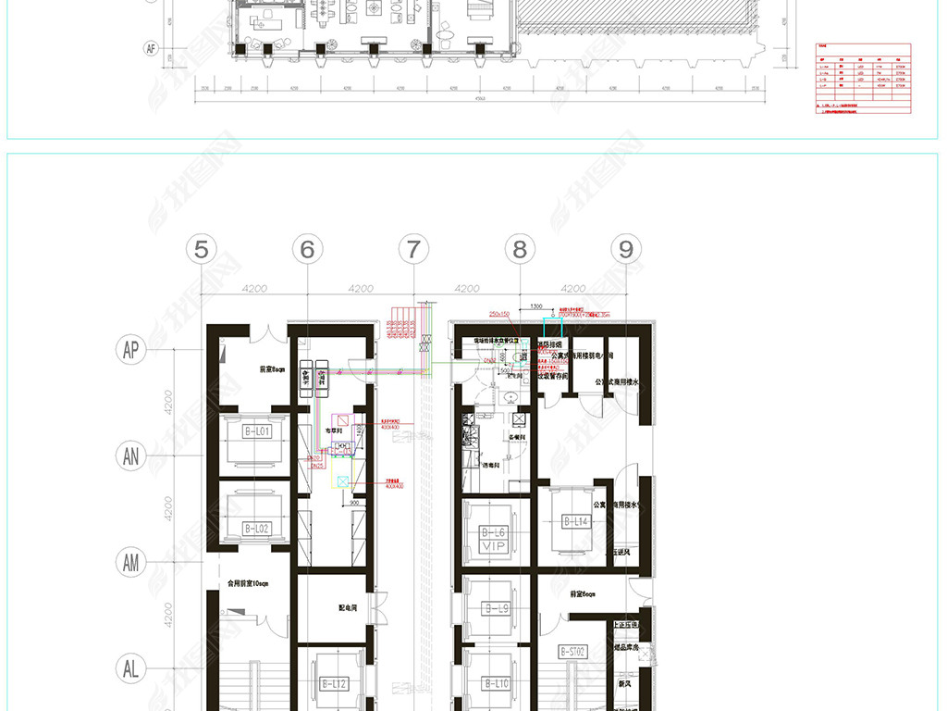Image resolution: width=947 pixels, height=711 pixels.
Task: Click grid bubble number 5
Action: [202, 249]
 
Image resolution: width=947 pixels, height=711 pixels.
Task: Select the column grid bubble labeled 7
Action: [414, 249]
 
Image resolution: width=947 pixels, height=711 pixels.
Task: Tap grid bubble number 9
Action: [627, 249]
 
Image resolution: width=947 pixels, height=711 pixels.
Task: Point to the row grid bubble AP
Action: [131, 349]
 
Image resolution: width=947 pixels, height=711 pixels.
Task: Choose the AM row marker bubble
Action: [131, 562]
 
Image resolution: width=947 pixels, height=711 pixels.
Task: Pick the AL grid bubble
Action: [131, 667]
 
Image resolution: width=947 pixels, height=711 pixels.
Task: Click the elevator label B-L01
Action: [256, 431]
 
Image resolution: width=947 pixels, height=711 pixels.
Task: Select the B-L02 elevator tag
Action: [256, 528]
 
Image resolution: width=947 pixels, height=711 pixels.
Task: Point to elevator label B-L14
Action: [575, 522]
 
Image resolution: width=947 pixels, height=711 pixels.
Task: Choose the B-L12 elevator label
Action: [333, 684]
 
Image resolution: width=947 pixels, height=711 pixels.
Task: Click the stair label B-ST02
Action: [573, 652]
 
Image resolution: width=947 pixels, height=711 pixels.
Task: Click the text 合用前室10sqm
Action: [247, 583]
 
